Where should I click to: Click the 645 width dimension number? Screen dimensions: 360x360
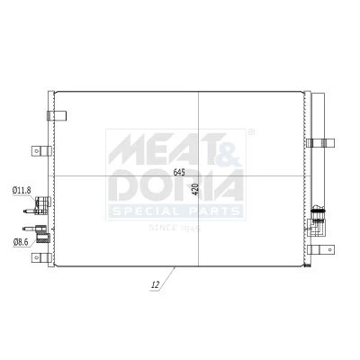179,172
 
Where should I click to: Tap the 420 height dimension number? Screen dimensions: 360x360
197,189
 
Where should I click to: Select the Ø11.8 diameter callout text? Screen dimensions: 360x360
22,190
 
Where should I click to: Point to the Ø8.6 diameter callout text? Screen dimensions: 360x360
21,242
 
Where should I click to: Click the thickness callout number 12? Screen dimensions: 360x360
156,284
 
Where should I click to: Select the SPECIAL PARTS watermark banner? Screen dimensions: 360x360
175,211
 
